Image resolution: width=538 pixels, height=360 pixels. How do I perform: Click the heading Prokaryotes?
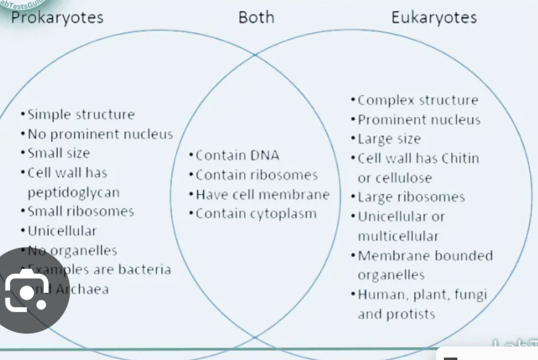(x=57, y=17)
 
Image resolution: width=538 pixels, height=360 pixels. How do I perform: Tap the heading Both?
(x=256, y=17)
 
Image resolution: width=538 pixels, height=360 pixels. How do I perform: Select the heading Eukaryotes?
(x=434, y=17)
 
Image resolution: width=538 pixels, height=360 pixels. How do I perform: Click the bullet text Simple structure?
(x=81, y=114)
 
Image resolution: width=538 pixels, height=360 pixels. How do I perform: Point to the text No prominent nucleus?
(x=100, y=134)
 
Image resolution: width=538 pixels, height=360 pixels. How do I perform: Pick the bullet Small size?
(x=58, y=153)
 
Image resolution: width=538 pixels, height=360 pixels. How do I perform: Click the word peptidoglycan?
(x=73, y=193)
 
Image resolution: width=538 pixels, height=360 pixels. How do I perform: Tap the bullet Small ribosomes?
(x=81, y=212)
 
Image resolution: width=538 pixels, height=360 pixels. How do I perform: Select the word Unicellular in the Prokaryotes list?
(x=62, y=231)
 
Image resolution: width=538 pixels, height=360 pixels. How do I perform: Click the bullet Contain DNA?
(x=237, y=155)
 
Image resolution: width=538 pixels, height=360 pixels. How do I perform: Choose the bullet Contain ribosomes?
(x=256, y=175)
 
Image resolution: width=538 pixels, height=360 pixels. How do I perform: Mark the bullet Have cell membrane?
(x=262, y=194)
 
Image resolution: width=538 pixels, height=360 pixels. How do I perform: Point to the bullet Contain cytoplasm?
(x=255, y=214)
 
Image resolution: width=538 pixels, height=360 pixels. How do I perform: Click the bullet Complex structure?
(x=417, y=100)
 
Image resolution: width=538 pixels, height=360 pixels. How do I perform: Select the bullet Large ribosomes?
(x=411, y=198)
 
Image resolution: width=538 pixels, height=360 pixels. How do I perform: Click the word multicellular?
(x=398, y=236)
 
